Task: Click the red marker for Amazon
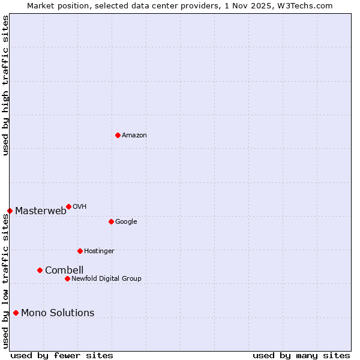coord(118,135)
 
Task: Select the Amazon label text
coord(134,136)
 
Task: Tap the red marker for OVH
coord(68,206)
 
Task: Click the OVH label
coord(80,207)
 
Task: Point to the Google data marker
coord(111,221)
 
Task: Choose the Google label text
coord(126,222)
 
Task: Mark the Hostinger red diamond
coord(80,251)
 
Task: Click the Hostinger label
coord(99,251)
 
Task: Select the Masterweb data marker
coord(10,211)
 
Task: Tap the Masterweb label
coord(41,211)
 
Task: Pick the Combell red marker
coord(40,270)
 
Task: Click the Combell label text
coord(64,270)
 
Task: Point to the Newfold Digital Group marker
coord(67,278)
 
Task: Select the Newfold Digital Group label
coord(107,279)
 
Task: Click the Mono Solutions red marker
coord(16,313)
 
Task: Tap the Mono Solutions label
coord(58,313)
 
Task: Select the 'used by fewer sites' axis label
coord(62,355)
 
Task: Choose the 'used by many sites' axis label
coord(301,355)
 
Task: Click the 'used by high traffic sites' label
coord(6,85)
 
